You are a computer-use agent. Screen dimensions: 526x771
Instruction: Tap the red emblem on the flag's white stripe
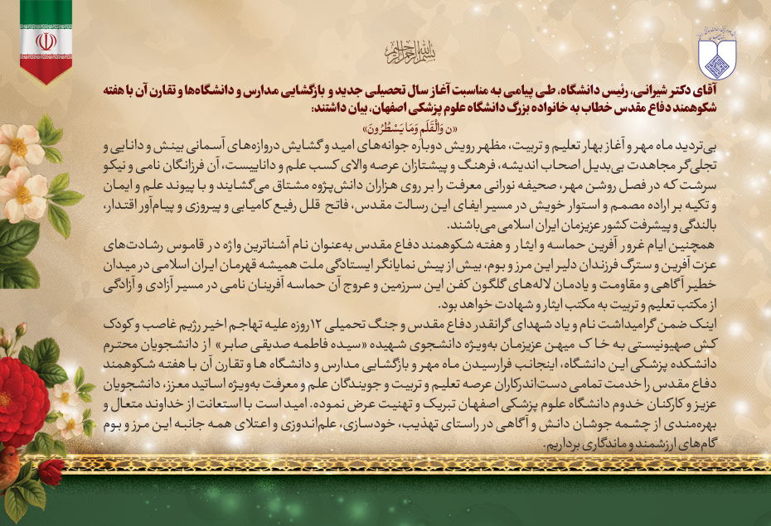point(46,42)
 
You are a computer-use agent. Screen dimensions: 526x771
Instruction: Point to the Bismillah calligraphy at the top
point(404,52)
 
